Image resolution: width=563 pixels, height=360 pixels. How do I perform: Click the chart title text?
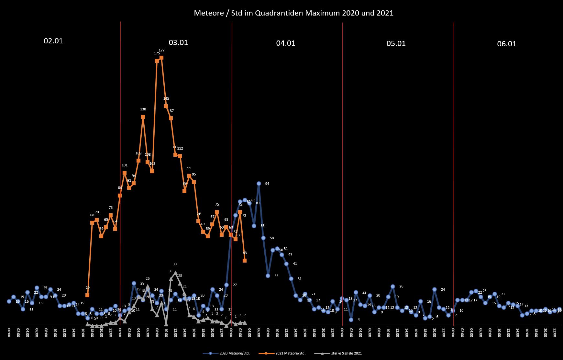(x=293, y=13)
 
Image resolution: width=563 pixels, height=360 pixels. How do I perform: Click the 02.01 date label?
(x=53, y=41)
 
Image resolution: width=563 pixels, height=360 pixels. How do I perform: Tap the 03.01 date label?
(x=178, y=42)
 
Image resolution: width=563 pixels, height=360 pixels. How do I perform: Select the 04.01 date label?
(x=286, y=43)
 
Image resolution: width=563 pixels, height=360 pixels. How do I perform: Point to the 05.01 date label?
(x=396, y=43)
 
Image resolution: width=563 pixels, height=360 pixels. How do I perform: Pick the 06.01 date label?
(x=507, y=44)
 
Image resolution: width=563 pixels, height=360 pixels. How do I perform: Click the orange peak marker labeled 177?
(x=161, y=58)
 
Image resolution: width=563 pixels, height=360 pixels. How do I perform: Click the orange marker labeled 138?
(x=143, y=117)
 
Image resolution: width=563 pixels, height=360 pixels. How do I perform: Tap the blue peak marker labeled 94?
(x=259, y=184)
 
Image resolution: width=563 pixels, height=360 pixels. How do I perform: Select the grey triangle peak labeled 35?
(x=175, y=273)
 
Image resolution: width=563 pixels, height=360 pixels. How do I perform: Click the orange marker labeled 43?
(x=245, y=260)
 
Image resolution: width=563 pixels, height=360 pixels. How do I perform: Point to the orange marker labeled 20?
(x=87, y=295)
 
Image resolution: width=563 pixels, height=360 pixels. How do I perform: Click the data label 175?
(x=157, y=53)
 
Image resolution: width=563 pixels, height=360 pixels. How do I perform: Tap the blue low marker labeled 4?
(x=351, y=320)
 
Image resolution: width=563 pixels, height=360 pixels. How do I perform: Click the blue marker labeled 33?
(x=268, y=276)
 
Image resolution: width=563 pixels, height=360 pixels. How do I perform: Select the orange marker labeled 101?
(x=125, y=173)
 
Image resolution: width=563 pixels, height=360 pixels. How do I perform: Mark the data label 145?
(x=166, y=98)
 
